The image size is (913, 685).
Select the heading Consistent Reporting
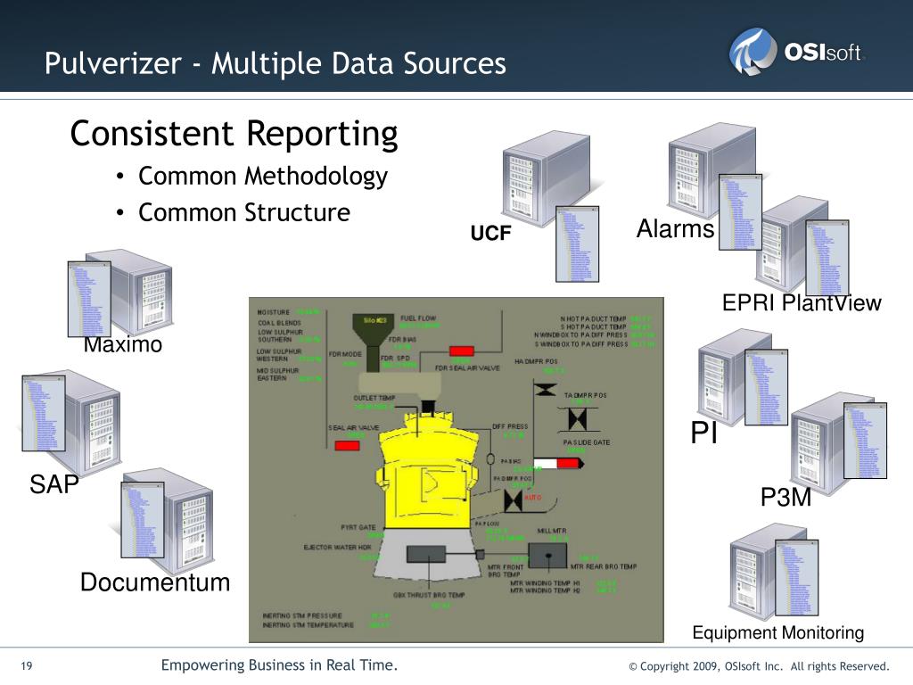(234, 134)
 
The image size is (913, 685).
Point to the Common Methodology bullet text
(262, 176)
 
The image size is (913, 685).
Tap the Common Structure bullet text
(243, 212)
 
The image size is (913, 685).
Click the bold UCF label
(490, 234)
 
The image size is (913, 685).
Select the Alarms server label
(675, 229)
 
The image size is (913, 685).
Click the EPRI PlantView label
(801, 303)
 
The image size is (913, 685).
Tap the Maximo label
(123, 344)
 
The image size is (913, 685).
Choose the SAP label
(54, 484)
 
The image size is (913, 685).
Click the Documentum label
(154, 582)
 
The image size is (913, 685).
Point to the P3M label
(786, 498)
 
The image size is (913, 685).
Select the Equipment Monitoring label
(778, 632)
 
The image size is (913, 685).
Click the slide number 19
(26, 666)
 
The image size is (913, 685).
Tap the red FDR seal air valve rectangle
(461, 351)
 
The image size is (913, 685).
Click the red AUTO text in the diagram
(533, 497)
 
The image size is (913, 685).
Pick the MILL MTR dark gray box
(547, 555)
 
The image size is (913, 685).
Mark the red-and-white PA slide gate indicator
(555, 463)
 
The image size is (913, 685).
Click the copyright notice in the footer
(759, 666)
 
